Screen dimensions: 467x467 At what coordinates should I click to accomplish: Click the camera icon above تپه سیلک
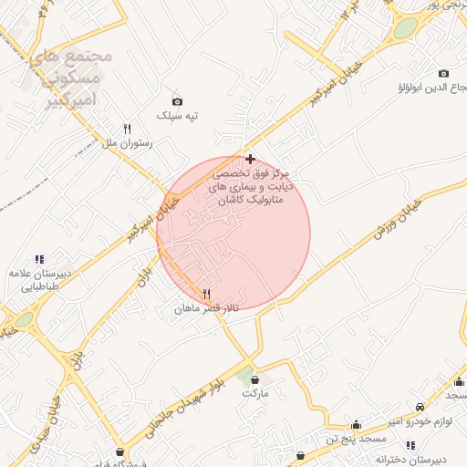pos(177,101)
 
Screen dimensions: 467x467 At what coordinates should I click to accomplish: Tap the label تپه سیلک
pos(177,116)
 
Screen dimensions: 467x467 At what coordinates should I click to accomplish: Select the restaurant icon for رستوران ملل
pos(127,130)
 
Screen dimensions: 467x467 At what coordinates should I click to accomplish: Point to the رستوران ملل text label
pos(127,144)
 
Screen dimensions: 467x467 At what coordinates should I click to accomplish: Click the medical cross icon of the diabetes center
pos(250,159)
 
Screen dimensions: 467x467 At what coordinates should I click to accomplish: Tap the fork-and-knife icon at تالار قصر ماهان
pos(207,295)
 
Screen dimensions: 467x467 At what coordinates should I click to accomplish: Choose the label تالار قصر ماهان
pos(207,310)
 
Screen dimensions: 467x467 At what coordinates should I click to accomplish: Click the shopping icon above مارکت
pos(254,379)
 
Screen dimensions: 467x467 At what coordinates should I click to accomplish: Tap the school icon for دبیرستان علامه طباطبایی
pos(38,259)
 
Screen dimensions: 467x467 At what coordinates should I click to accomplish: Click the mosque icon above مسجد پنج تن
pos(356,425)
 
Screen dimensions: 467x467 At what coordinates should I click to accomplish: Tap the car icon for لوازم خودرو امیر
pos(419,407)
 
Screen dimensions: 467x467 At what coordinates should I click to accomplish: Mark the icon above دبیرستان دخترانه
pos(411,445)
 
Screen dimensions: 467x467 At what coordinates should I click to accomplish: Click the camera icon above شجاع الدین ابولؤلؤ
pos(444,73)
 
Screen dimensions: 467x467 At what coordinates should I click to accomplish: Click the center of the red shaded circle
pos(233,233)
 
